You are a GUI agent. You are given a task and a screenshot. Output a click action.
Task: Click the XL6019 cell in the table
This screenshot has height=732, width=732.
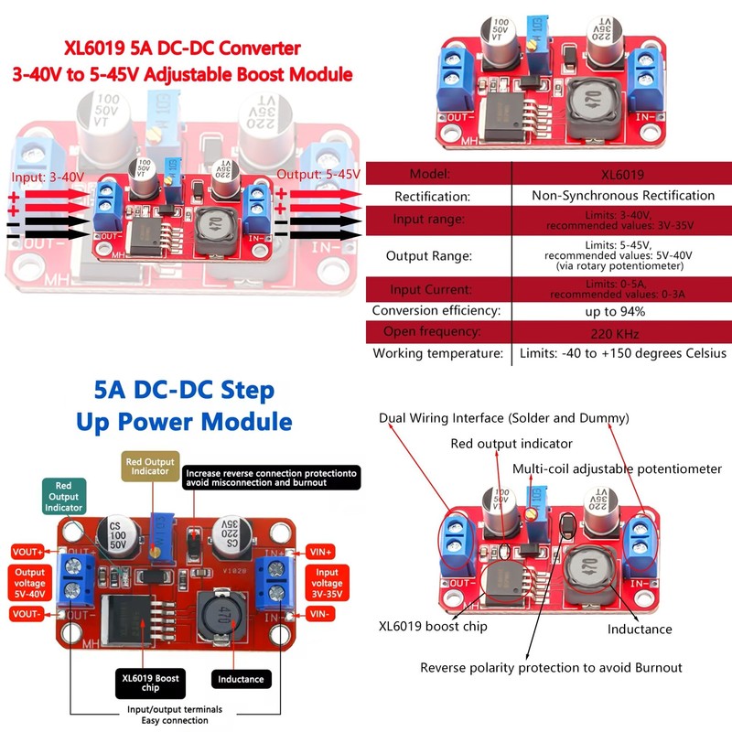click(x=622, y=174)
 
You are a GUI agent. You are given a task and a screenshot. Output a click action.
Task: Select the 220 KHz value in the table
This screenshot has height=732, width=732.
click(x=622, y=332)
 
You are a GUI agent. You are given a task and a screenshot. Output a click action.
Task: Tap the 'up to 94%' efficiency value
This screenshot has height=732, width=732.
click(x=622, y=310)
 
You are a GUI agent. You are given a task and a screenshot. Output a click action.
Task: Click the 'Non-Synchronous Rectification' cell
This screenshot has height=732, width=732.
click(x=622, y=195)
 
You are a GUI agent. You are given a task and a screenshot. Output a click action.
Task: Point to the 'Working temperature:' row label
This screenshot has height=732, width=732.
click(x=437, y=353)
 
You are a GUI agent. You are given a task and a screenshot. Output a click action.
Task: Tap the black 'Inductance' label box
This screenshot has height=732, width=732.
click(x=241, y=679)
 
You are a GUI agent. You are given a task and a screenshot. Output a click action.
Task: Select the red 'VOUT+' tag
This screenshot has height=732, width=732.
click(x=27, y=553)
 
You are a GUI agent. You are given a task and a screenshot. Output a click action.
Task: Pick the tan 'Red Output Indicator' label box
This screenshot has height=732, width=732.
click(x=150, y=465)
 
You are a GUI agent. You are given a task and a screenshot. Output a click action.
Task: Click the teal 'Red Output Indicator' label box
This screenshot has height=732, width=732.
click(x=63, y=496)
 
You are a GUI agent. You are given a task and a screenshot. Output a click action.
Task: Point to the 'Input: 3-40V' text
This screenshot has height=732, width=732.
click(x=47, y=176)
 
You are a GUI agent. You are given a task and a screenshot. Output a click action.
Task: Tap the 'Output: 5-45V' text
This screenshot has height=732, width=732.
click(x=318, y=174)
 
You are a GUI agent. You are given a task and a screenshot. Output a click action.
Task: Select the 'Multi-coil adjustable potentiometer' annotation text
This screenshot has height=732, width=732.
click(x=617, y=469)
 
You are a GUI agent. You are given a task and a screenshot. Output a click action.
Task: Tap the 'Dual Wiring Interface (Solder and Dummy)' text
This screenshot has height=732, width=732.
click(x=504, y=418)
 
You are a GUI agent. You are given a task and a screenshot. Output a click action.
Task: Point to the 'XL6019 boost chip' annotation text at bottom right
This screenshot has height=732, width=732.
click(x=434, y=627)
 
